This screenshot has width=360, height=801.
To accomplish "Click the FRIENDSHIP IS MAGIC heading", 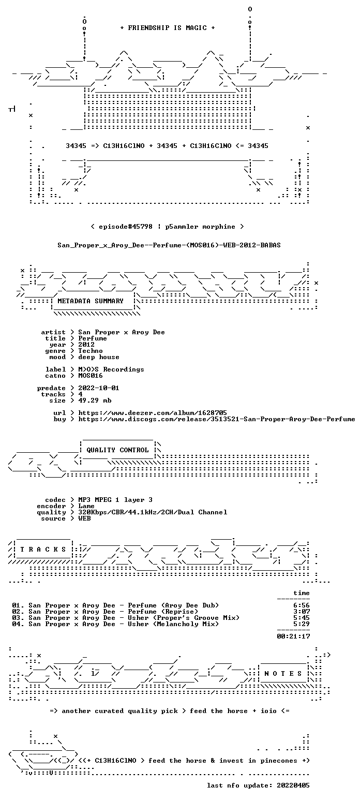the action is (167, 28).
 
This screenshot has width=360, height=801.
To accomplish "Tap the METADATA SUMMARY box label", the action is (91, 301).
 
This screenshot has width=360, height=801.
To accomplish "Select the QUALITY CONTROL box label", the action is (117, 450).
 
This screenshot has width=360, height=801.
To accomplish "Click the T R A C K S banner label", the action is (43, 549).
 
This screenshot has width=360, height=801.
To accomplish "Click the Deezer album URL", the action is (153, 413).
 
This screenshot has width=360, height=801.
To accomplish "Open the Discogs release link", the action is (217, 419).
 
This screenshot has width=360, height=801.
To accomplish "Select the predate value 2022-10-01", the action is (99, 388).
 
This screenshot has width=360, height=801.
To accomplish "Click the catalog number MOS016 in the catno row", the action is (91, 376).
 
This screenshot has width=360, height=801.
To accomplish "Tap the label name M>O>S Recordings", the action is (111, 369).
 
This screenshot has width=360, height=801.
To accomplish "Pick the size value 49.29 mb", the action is (95, 400).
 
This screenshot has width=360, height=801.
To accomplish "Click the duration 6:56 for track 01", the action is (302, 605).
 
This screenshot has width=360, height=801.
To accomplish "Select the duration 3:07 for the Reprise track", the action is (302, 612).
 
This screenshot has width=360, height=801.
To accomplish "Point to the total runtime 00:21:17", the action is (293, 636).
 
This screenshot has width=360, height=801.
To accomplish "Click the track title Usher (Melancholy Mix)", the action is (173, 624).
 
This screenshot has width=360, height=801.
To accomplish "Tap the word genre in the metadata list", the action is (55, 351).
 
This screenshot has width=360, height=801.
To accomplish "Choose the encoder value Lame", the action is (86, 507).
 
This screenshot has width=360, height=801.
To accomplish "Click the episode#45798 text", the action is (126, 227).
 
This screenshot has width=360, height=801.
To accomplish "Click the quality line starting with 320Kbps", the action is (153, 512).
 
